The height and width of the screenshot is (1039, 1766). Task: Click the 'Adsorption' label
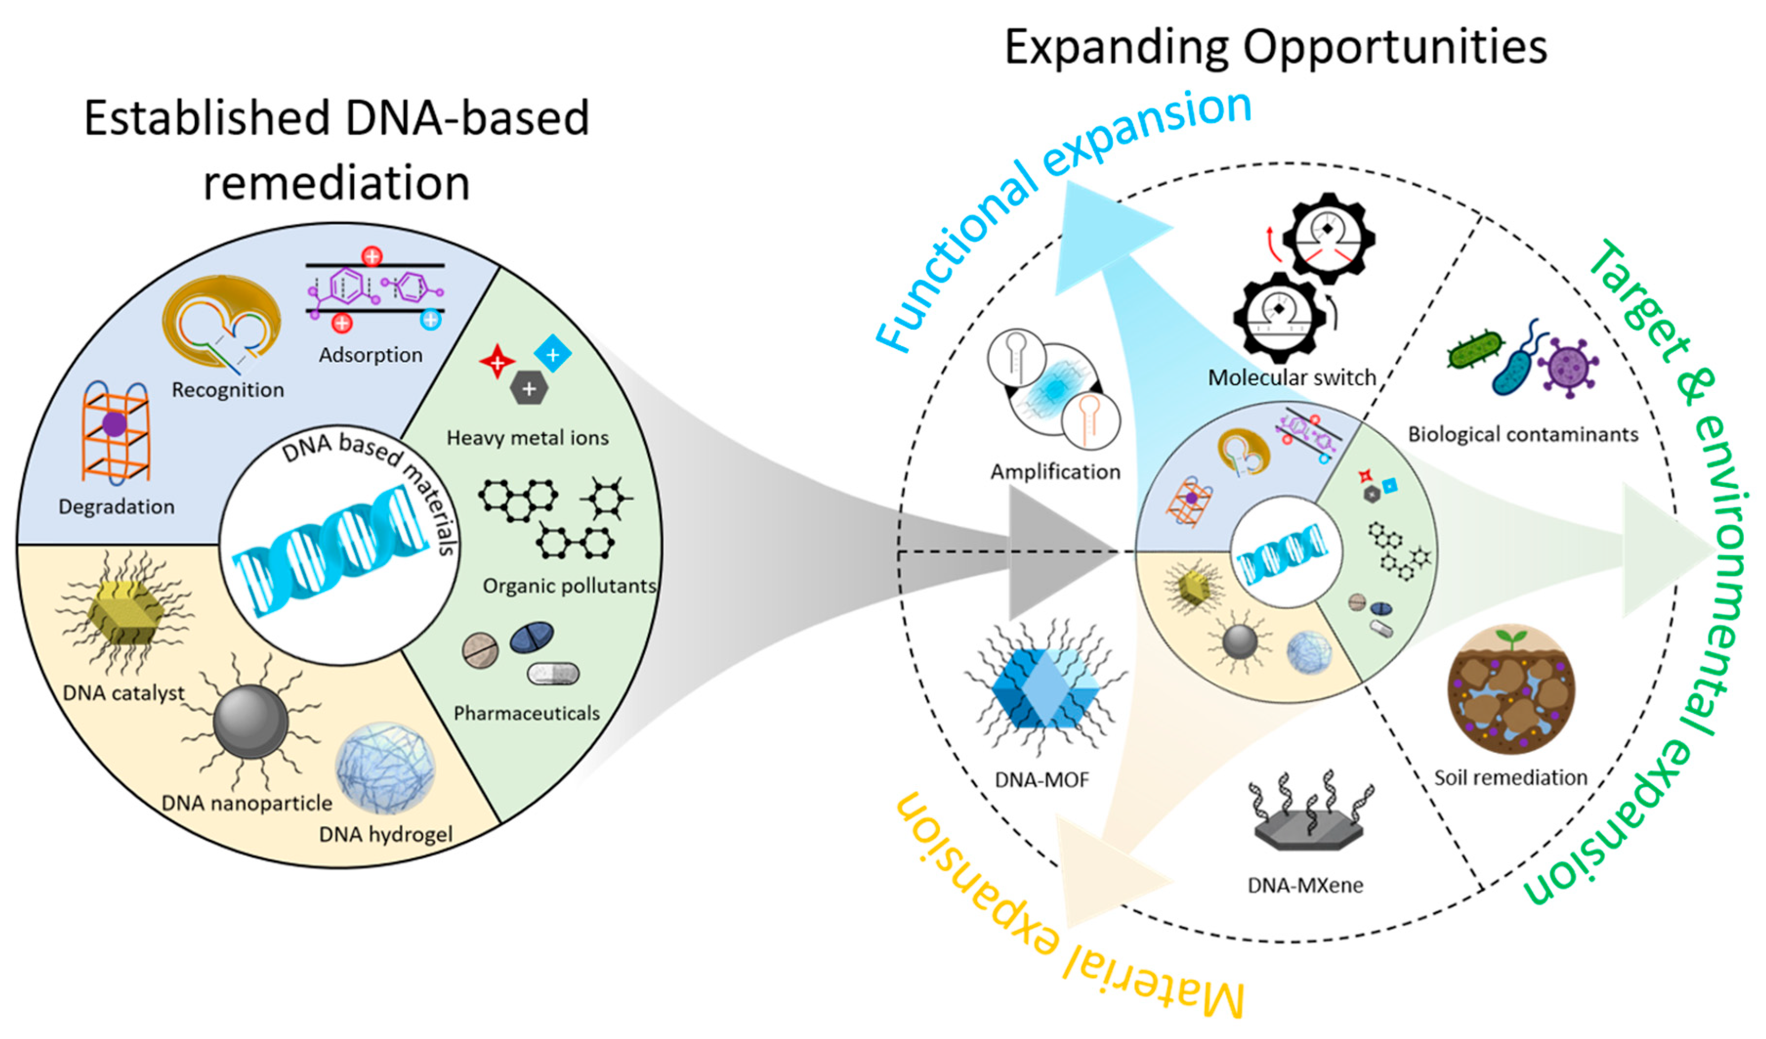click(371, 355)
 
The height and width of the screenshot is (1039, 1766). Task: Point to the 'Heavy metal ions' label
click(528, 438)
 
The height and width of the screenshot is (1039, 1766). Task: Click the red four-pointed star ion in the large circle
click(497, 361)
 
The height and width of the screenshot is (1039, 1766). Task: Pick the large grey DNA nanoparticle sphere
click(250, 722)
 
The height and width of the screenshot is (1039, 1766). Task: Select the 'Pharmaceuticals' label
click(527, 713)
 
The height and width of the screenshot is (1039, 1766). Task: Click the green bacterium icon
click(1475, 350)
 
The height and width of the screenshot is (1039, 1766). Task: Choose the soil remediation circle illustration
click(1511, 689)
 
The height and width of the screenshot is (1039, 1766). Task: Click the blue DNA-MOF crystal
click(1045, 686)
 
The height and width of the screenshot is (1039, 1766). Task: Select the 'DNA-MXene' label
click(1306, 886)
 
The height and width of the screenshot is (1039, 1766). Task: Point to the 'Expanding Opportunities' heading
click(1275, 48)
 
